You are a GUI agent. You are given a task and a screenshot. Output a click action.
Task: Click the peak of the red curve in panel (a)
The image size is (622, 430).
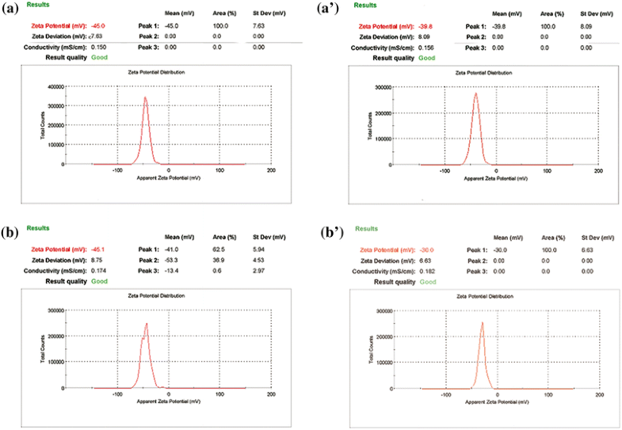pos(145,97)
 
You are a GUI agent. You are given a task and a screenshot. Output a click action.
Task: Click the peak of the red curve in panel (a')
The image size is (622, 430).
pos(475,93)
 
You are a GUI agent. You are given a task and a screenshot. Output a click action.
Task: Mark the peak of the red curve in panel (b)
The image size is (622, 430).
pos(147,323)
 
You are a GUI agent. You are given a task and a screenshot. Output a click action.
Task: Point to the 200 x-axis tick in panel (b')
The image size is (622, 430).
pos(600,395)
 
